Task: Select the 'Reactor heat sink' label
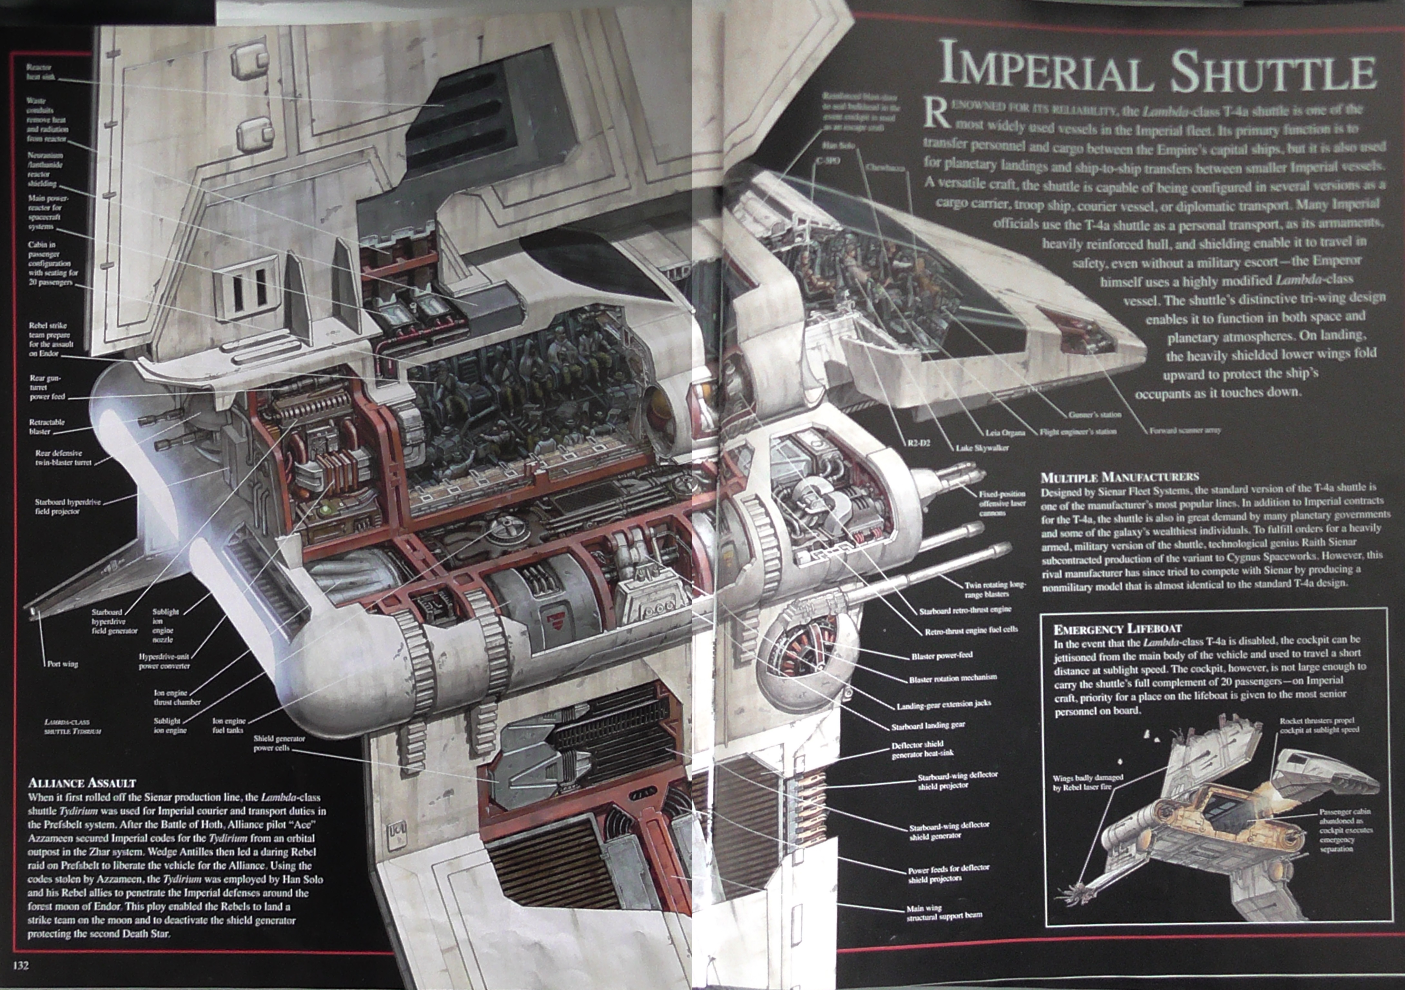click(40, 72)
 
